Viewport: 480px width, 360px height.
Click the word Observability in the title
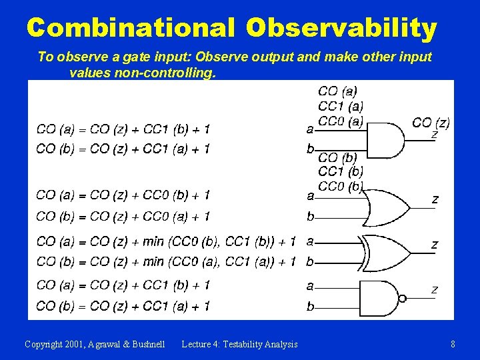(341, 28)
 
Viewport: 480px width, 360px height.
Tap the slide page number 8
(453, 344)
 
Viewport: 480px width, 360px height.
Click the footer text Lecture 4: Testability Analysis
(239, 344)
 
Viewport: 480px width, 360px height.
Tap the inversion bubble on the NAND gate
(401, 298)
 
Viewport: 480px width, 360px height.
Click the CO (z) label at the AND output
(431, 123)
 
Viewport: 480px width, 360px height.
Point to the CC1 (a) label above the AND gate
(341, 106)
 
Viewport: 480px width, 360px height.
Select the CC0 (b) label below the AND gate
(341, 185)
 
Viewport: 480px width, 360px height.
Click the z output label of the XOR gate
(435, 245)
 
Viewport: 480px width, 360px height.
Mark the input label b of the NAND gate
(310, 307)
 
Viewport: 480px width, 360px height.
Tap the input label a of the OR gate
(310, 196)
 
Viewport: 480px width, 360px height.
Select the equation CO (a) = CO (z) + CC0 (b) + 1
(123, 195)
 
